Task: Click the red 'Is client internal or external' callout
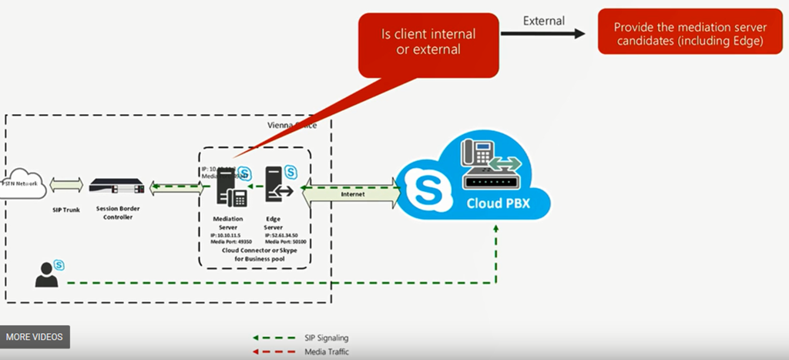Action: point(428,42)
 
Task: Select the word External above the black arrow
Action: point(543,21)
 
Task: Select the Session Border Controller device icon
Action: point(116,187)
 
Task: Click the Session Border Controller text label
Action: point(116,213)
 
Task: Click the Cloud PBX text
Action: point(498,204)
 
